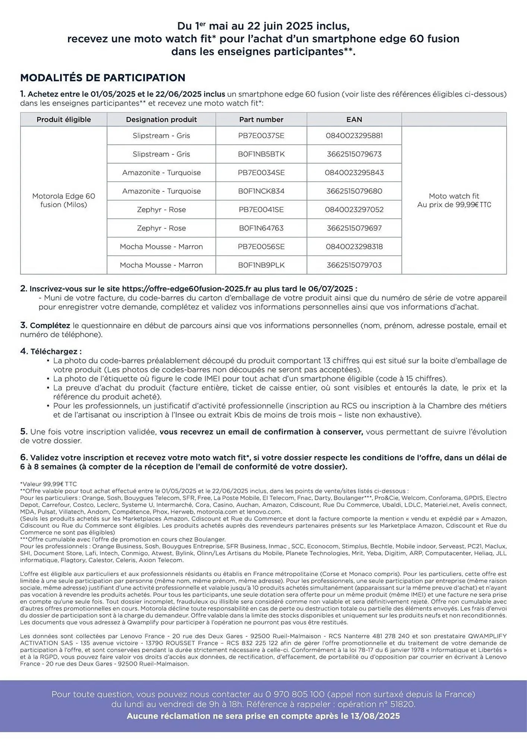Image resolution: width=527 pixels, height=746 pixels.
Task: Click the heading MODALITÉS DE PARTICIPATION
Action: click(x=102, y=78)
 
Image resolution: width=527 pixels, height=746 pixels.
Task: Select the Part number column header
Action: click(x=261, y=119)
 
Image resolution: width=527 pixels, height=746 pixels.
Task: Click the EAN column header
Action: click(x=354, y=119)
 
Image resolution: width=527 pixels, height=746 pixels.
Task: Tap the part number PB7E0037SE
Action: click(x=261, y=136)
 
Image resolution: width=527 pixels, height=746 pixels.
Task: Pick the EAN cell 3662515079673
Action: click(x=354, y=154)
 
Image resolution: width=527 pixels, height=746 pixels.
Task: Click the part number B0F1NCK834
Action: click(x=261, y=191)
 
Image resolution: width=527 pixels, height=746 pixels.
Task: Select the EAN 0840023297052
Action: click(x=354, y=210)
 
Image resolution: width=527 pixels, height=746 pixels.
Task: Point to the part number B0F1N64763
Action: click(x=261, y=228)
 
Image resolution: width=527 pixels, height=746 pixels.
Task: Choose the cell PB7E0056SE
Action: click(x=261, y=247)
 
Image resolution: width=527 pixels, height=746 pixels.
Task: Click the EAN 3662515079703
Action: click(x=354, y=265)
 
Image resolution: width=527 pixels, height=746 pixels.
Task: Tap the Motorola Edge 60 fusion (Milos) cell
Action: click(x=64, y=200)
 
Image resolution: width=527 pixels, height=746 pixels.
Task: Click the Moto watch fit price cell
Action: click(x=454, y=200)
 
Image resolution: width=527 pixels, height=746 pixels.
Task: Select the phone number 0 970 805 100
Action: click(x=295, y=695)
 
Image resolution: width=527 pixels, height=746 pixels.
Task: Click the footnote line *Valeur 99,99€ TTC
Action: click(x=48, y=484)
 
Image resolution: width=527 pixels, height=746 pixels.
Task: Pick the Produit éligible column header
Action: click(x=64, y=119)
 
